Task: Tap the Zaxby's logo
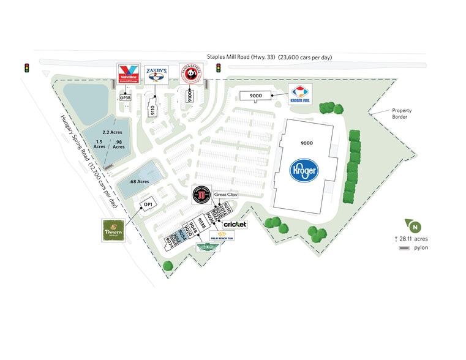(156, 75)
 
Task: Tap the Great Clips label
(225, 195)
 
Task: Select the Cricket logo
(235, 225)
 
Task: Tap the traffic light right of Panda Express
(217, 67)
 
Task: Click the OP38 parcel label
(126, 97)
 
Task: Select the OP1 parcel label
(148, 205)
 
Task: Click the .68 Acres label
(141, 182)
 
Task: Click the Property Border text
(401, 114)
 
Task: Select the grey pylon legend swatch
(404, 248)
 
